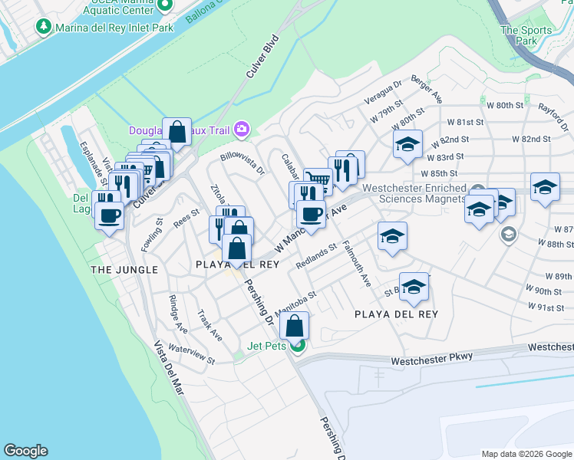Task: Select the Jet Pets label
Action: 266,346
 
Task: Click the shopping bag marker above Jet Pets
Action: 294,327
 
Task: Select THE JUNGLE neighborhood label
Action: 124,270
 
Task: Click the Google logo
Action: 25,451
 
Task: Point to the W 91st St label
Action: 547,307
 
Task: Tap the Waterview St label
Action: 192,353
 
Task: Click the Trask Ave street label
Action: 209,326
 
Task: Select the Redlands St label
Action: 316,258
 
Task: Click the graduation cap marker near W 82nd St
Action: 407,143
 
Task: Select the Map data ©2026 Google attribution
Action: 526,453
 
